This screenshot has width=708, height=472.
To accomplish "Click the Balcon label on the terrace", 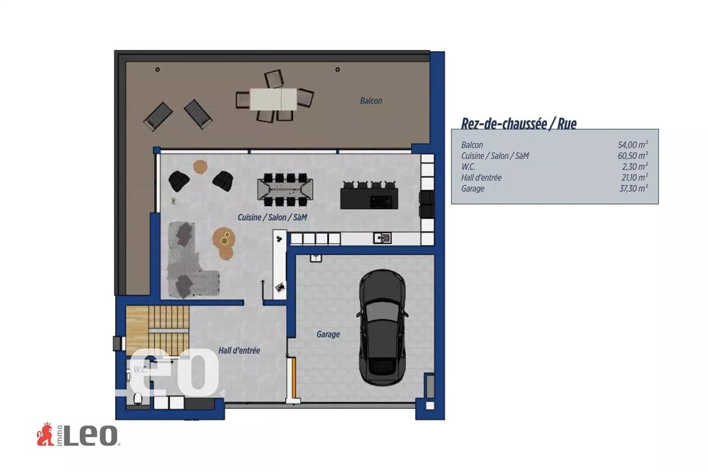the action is coord(371,100).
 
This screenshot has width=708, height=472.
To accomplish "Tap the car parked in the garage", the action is coord(382,328).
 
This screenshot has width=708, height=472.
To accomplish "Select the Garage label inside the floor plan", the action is coord(328,334).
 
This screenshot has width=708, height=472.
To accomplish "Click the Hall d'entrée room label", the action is coord(239,350).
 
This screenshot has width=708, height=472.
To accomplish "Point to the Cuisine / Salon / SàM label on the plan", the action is coord(272,217).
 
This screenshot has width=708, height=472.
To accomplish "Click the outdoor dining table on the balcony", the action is coord(273,99).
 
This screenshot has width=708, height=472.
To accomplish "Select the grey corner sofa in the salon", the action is coord(190,260).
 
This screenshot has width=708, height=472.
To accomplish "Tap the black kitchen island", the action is coord(369,198).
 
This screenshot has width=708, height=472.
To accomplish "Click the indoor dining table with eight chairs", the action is coord(285,189).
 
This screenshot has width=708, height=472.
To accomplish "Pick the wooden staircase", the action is coord(157,330).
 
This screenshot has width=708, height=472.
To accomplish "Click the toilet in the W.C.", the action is coord(138,399).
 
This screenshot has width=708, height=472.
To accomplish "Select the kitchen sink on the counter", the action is coord(382,238).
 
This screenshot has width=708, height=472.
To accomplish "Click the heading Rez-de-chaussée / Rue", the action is coord(518,123).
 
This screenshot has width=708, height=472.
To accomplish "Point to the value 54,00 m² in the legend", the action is coord(633,144).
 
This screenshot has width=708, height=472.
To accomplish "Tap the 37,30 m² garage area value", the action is coord(633,188).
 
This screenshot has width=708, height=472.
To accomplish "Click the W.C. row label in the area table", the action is coord(468,167).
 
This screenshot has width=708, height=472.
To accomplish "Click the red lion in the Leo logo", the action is coord(45,435).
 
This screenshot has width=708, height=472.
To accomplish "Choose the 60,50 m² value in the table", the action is coord(633,156).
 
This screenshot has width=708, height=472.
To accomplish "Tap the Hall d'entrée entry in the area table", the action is coord(481,178).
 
